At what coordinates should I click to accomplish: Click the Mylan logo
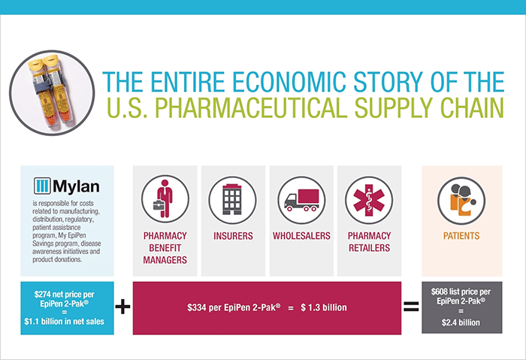[x=66, y=186]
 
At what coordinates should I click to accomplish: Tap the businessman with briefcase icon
[x=165, y=199]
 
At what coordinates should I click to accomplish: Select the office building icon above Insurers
[x=232, y=200]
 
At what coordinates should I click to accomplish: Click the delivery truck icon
[x=301, y=200]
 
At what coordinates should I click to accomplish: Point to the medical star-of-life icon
[x=369, y=200]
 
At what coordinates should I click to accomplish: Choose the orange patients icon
[x=461, y=201]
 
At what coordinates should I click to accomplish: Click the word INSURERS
[x=233, y=236]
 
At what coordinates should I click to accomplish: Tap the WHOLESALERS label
[x=301, y=236]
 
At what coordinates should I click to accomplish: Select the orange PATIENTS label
[x=461, y=236]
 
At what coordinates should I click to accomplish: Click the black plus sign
[x=122, y=307]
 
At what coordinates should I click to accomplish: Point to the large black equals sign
[x=411, y=307]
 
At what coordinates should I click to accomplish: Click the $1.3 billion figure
[x=324, y=307]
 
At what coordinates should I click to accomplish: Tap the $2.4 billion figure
[x=461, y=322]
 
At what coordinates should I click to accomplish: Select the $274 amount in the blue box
[x=42, y=295]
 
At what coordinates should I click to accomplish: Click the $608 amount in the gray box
[x=440, y=292]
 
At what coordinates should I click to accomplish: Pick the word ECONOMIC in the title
[x=289, y=82]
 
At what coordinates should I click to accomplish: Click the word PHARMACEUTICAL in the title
[x=250, y=107]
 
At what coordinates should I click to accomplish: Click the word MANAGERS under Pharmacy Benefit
[x=165, y=260]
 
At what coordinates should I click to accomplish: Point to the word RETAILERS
[x=370, y=248]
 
